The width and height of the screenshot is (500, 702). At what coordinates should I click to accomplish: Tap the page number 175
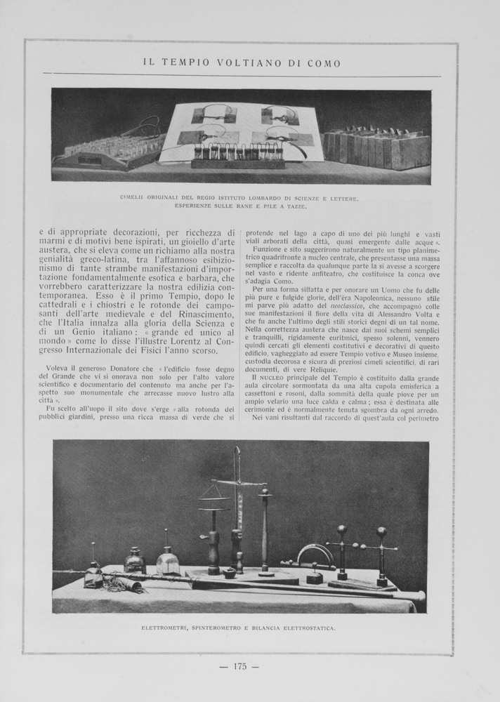[x=240, y=666]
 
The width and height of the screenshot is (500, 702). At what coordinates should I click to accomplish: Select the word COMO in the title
[x=324, y=63]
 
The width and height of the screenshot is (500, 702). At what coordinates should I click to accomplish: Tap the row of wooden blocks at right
[x=376, y=147]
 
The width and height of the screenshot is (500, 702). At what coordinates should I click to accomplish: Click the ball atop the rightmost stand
[x=381, y=532]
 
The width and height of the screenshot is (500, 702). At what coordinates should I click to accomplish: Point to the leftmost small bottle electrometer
[x=93, y=572]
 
